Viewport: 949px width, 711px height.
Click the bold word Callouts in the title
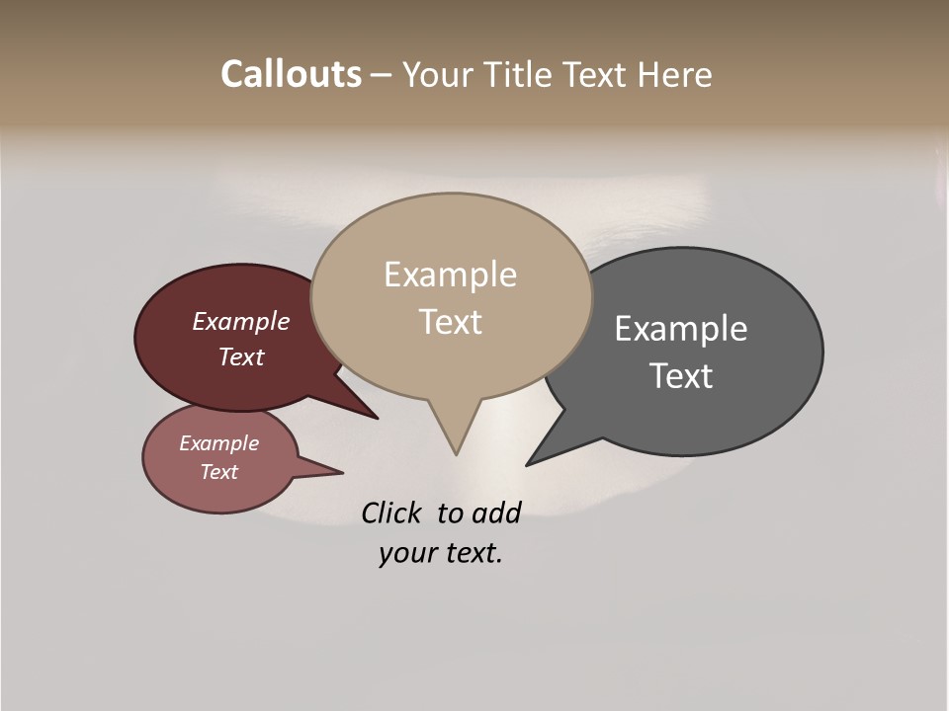pos(291,74)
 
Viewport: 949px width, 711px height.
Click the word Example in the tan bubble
pos(450,275)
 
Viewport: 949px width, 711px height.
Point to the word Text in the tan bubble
pos(450,322)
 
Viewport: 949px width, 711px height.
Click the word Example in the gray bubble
pos(681,329)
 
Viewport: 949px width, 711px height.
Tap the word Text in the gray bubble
pos(681,375)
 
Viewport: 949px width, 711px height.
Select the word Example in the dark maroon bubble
pos(240,322)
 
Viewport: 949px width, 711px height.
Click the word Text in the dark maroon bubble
pos(240,357)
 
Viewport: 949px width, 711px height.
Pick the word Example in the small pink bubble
pos(218,443)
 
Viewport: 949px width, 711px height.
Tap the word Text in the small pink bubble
pos(218,472)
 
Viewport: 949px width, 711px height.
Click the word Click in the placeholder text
pos(390,513)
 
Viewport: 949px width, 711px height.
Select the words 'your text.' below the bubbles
pos(441,554)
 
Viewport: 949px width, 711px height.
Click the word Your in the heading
pos(436,74)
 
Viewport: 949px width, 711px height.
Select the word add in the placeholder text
pos(495,513)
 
